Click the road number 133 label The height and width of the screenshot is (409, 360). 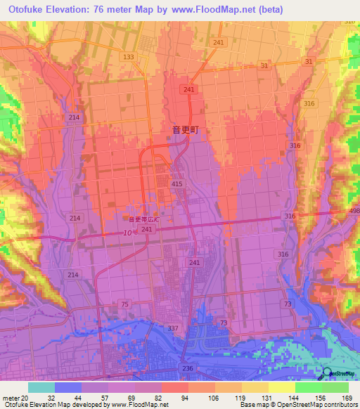click(x=128, y=57)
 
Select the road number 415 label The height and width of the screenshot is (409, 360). click(x=176, y=183)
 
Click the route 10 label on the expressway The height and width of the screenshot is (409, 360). click(x=127, y=233)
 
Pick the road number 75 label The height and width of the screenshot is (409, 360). click(x=124, y=304)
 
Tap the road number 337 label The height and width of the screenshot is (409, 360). click(x=172, y=328)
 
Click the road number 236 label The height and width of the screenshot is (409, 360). click(x=187, y=369)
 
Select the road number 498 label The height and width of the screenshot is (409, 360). click(x=353, y=212)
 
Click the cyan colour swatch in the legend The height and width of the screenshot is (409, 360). click(x=41, y=387)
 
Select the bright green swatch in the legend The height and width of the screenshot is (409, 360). click(x=308, y=387)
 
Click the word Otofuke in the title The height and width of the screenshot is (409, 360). click(x=22, y=9)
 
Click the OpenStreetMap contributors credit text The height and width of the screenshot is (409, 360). click(x=319, y=405)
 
